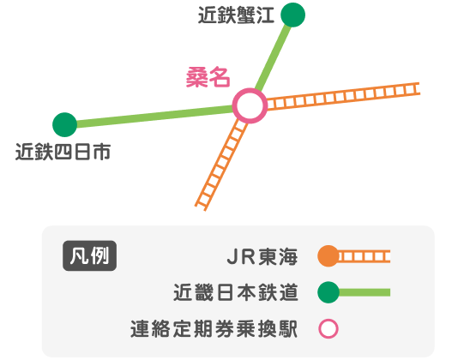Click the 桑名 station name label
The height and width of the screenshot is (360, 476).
pos(208,78)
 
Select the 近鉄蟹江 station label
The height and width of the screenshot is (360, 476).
pos(236,15)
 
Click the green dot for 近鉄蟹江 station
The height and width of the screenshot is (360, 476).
pos(292,15)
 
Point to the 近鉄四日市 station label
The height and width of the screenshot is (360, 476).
pos(63,152)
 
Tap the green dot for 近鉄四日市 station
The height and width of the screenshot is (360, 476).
pos(64,124)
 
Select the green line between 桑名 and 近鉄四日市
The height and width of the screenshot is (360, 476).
pos(155,117)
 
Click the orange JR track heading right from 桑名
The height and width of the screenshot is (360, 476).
pos(343,96)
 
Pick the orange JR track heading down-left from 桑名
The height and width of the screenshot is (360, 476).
pos(221,165)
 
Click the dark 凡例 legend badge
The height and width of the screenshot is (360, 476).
pos(89,255)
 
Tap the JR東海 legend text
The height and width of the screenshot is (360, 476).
pos(262,257)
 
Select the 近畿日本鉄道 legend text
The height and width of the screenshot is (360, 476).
pos(236,292)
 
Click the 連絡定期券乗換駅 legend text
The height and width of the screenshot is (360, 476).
pos(214,329)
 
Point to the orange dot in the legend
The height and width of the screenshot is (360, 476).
pos(328,256)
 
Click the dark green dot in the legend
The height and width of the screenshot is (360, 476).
pos(328,292)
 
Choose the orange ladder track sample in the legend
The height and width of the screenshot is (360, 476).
pos(364,256)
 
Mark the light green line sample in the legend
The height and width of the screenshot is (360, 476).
pos(365,292)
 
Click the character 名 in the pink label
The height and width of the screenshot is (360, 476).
pos(220,78)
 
